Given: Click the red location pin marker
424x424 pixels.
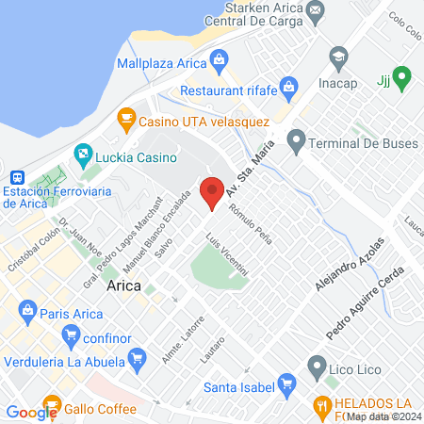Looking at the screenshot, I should pyautogui.click(x=213, y=192).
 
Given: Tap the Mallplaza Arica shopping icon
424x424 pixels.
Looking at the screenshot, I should pyautogui.click(x=219, y=63).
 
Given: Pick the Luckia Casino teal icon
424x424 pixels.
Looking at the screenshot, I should pyautogui.click(x=82, y=154).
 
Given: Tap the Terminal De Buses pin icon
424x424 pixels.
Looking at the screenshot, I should pyautogui.click(x=296, y=144).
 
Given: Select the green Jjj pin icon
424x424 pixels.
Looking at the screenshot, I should pyautogui.click(x=401, y=76).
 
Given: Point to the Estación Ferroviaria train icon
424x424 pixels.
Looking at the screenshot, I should pyautogui.click(x=17, y=178).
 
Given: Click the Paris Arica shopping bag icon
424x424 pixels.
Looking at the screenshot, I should pyautogui.click(x=28, y=310).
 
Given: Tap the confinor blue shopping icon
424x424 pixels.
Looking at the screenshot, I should pyautogui.click(x=68, y=334).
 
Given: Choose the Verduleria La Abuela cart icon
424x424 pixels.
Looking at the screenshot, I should pyautogui.click(x=138, y=358).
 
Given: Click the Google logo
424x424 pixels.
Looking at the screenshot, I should pyautogui.click(x=32, y=412).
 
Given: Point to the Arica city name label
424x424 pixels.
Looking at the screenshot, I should pyautogui.click(x=125, y=285).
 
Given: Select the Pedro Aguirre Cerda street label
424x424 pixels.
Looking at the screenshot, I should pyautogui.click(x=366, y=302).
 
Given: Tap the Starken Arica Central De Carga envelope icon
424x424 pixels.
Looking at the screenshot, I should pyautogui.click(x=315, y=12).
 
